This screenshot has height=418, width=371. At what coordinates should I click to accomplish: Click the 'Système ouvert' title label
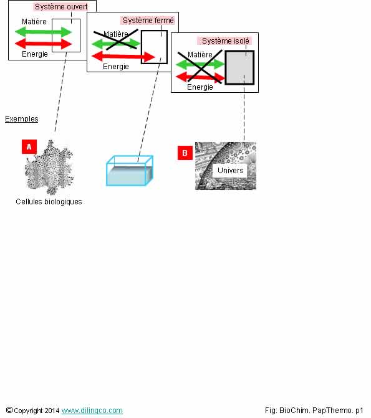point(61,7)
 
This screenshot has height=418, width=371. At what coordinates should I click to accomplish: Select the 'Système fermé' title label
point(148,21)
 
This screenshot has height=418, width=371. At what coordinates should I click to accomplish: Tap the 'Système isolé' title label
point(225,40)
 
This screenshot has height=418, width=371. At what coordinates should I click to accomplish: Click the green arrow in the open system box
point(43,32)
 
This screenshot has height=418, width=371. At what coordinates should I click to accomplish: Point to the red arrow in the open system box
point(43,44)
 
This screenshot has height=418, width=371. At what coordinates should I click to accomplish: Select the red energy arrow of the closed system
point(123,57)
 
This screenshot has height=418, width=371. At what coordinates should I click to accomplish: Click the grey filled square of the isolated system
point(239,67)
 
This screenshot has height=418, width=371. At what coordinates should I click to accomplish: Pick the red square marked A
point(29,146)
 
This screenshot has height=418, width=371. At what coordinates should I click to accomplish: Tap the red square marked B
point(185,153)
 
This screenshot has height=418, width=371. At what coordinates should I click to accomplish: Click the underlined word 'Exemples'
point(22,119)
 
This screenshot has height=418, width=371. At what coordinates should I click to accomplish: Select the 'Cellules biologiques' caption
point(49,202)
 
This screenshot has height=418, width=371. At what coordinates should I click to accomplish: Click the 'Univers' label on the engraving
point(230,170)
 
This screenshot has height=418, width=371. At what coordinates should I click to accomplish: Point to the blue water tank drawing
point(130,171)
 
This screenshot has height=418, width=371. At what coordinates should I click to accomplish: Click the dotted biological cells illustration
point(49,168)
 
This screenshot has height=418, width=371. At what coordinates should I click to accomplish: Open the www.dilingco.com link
point(92,411)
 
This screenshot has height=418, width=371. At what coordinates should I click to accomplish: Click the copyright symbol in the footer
point(9,410)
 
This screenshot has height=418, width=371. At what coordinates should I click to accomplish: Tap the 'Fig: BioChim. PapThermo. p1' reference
point(314,411)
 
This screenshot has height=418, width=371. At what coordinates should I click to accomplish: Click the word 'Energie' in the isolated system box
point(200,87)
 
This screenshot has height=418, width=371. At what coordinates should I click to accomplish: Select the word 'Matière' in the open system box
point(34,22)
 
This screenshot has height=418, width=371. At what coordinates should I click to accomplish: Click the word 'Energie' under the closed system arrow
point(116,67)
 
